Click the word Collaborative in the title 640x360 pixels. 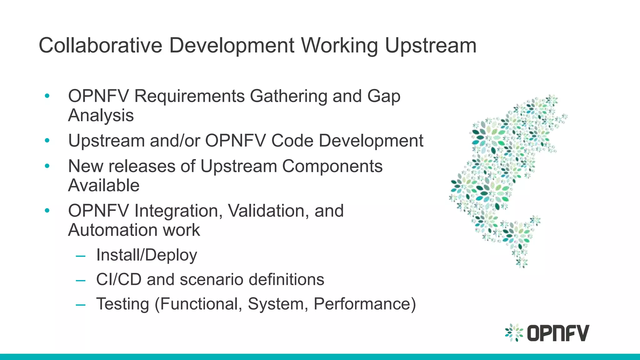pos(100,46)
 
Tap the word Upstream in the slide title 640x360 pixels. pos(430,46)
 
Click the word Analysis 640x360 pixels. pos(101,115)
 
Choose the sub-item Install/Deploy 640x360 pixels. pos(147,255)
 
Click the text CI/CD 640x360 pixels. pos(119,279)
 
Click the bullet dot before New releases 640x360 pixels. pos(47,166)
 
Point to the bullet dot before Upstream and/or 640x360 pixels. pos(47,141)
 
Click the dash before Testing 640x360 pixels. pos(81,305)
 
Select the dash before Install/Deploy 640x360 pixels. pos(81,256)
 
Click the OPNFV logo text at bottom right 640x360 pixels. pos(558,333)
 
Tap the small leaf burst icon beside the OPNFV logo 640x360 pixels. pos(514,332)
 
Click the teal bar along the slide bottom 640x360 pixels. pos(320,357)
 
